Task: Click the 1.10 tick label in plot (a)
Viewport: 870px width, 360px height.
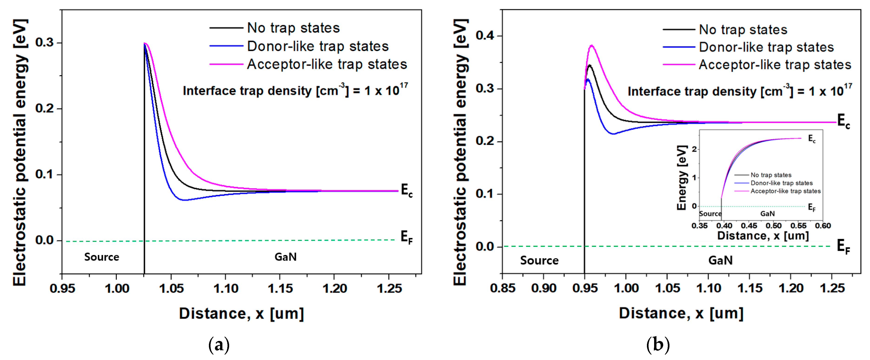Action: (226, 289)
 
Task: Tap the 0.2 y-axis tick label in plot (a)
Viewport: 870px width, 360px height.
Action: (44, 108)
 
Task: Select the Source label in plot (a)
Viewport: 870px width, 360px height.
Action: (102, 257)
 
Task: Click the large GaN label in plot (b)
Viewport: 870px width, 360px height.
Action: (720, 260)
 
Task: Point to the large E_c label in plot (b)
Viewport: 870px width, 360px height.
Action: (843, 121)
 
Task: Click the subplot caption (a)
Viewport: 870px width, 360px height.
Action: (219, 345)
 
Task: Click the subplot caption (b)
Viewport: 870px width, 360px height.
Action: (658, 345)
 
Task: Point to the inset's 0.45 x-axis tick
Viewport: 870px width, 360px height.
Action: (749, 226)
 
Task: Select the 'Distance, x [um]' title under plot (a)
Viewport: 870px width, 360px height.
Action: (241, 313)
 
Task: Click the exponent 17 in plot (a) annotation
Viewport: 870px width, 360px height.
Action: (404, 86)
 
